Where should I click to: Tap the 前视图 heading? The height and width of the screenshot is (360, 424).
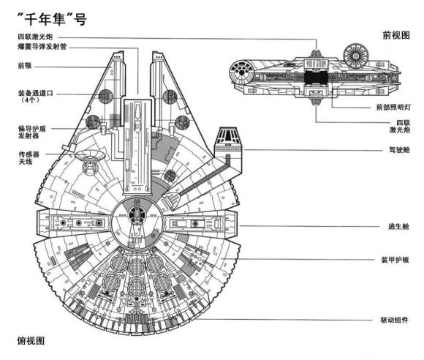click(395, 34)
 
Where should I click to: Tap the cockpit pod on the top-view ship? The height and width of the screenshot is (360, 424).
click(227, 140)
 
